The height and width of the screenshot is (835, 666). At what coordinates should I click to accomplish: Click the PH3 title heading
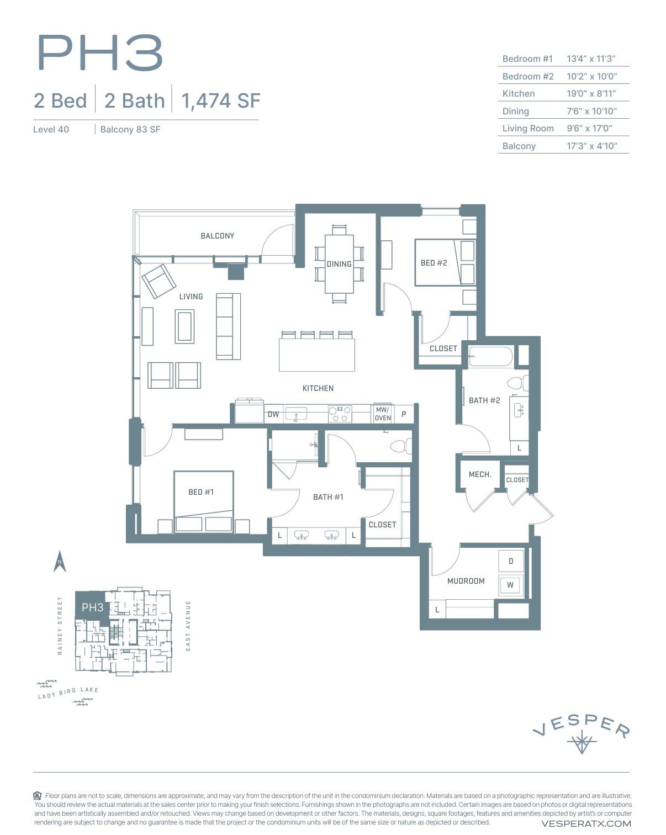[x=100, y=53]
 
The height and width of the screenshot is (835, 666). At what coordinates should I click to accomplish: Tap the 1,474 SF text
[x=220, y=101]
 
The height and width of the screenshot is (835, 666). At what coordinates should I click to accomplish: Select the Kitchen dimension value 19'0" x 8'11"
[x=591, y=93]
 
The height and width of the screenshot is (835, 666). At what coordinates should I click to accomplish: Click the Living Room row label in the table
[x=527, y=128]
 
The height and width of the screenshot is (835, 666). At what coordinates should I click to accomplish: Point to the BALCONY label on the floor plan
[x=217, y=236]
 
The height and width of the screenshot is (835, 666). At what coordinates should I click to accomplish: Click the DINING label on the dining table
[x=339, y=264]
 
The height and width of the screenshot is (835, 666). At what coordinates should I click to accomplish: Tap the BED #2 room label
[x=434, y=263]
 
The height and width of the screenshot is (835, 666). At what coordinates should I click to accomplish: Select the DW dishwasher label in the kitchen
[x=273, y=414]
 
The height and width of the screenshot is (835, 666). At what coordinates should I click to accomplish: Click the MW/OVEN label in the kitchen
[x=382, y=414]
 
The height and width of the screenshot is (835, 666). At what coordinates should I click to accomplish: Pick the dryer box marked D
[x=510, y=561]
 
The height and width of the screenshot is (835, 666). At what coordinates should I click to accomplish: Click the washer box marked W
[x=510, y=585]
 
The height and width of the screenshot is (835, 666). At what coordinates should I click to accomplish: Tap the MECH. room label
[x=479, y=474]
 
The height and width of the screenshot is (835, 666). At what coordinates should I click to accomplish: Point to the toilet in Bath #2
[x=517, y=383]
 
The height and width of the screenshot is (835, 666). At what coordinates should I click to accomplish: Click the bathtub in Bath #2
[x=490, y=357]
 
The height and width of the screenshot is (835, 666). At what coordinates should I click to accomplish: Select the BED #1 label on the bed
[x=201, y=492]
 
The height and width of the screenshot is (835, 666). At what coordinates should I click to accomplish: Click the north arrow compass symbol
[x=60, y=562]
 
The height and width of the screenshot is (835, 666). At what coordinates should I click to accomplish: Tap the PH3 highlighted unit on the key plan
[x=92, y=607]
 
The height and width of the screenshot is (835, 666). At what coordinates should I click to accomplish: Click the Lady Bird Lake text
[x=68, y=693]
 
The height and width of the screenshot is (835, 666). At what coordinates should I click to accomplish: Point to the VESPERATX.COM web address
[x=586, y=823]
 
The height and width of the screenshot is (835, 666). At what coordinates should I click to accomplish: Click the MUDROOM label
[x=466, y=581]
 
